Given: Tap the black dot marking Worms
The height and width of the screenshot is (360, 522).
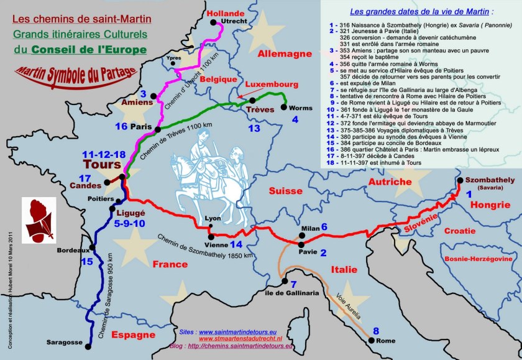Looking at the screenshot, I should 285,107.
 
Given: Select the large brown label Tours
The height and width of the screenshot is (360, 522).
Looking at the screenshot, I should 101,165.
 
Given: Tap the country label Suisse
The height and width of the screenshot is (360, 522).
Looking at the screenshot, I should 285,190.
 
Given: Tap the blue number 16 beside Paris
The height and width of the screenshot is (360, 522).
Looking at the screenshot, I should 122,126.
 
